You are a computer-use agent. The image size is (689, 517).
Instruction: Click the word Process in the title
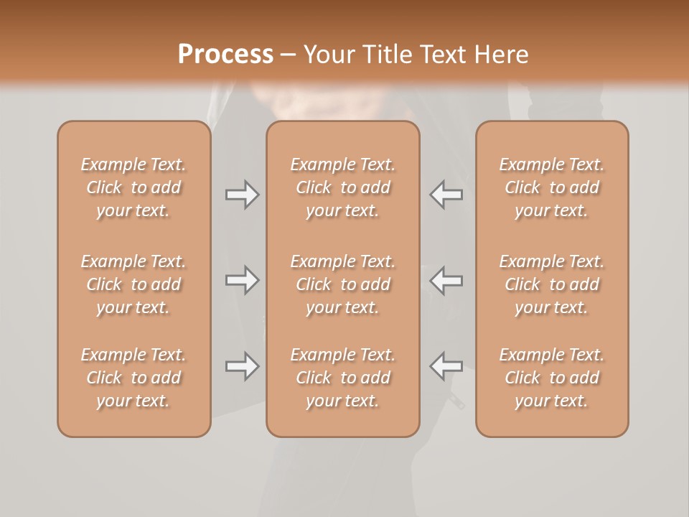[x=225, y=55]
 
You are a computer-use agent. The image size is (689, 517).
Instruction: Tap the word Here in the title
[x=501, y=55]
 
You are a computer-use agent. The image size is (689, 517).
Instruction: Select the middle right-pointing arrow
[x=243, y=281]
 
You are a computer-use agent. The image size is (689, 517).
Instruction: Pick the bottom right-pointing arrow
[x=243, y=366]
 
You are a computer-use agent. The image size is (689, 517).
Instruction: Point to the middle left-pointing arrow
[x=446, y=281]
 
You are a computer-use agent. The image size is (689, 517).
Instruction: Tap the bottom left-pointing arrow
[x=446, y=366]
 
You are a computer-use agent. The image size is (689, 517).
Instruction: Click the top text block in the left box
[x=133, y=187]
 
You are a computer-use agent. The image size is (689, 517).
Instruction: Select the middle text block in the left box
[x=133, y=284]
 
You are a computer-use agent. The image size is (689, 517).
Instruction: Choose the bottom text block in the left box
[x=133, y=378]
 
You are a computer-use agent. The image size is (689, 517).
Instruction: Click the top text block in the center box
[x=343, y=187]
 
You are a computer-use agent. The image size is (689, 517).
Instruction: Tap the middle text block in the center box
[x=343, y=284]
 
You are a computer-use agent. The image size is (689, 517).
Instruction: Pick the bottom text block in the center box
[x=343, y=378]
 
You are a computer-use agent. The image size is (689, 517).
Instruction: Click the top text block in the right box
[x=552, y=187]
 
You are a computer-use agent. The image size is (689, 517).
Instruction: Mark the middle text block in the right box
[x=552, y=284]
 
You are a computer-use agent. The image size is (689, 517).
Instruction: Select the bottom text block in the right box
[x=552, y=378]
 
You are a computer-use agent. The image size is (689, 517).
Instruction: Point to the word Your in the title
[x=330, y=55]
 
